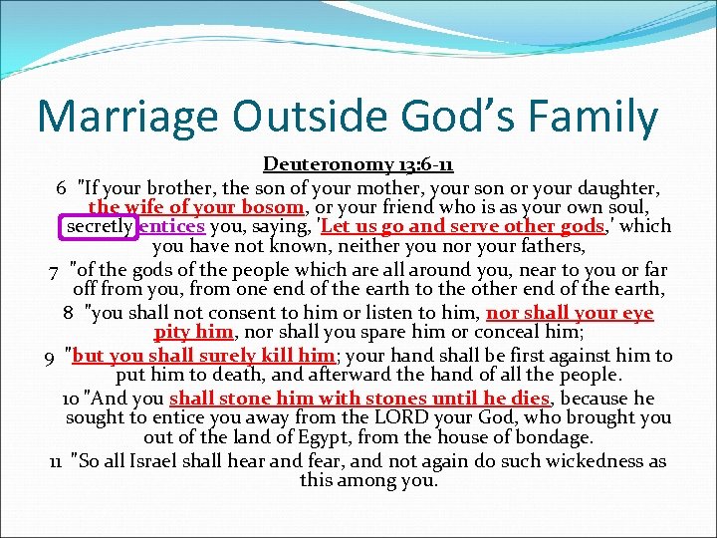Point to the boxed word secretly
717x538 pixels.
99,226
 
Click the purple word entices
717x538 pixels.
172,226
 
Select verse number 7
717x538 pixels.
54,270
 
